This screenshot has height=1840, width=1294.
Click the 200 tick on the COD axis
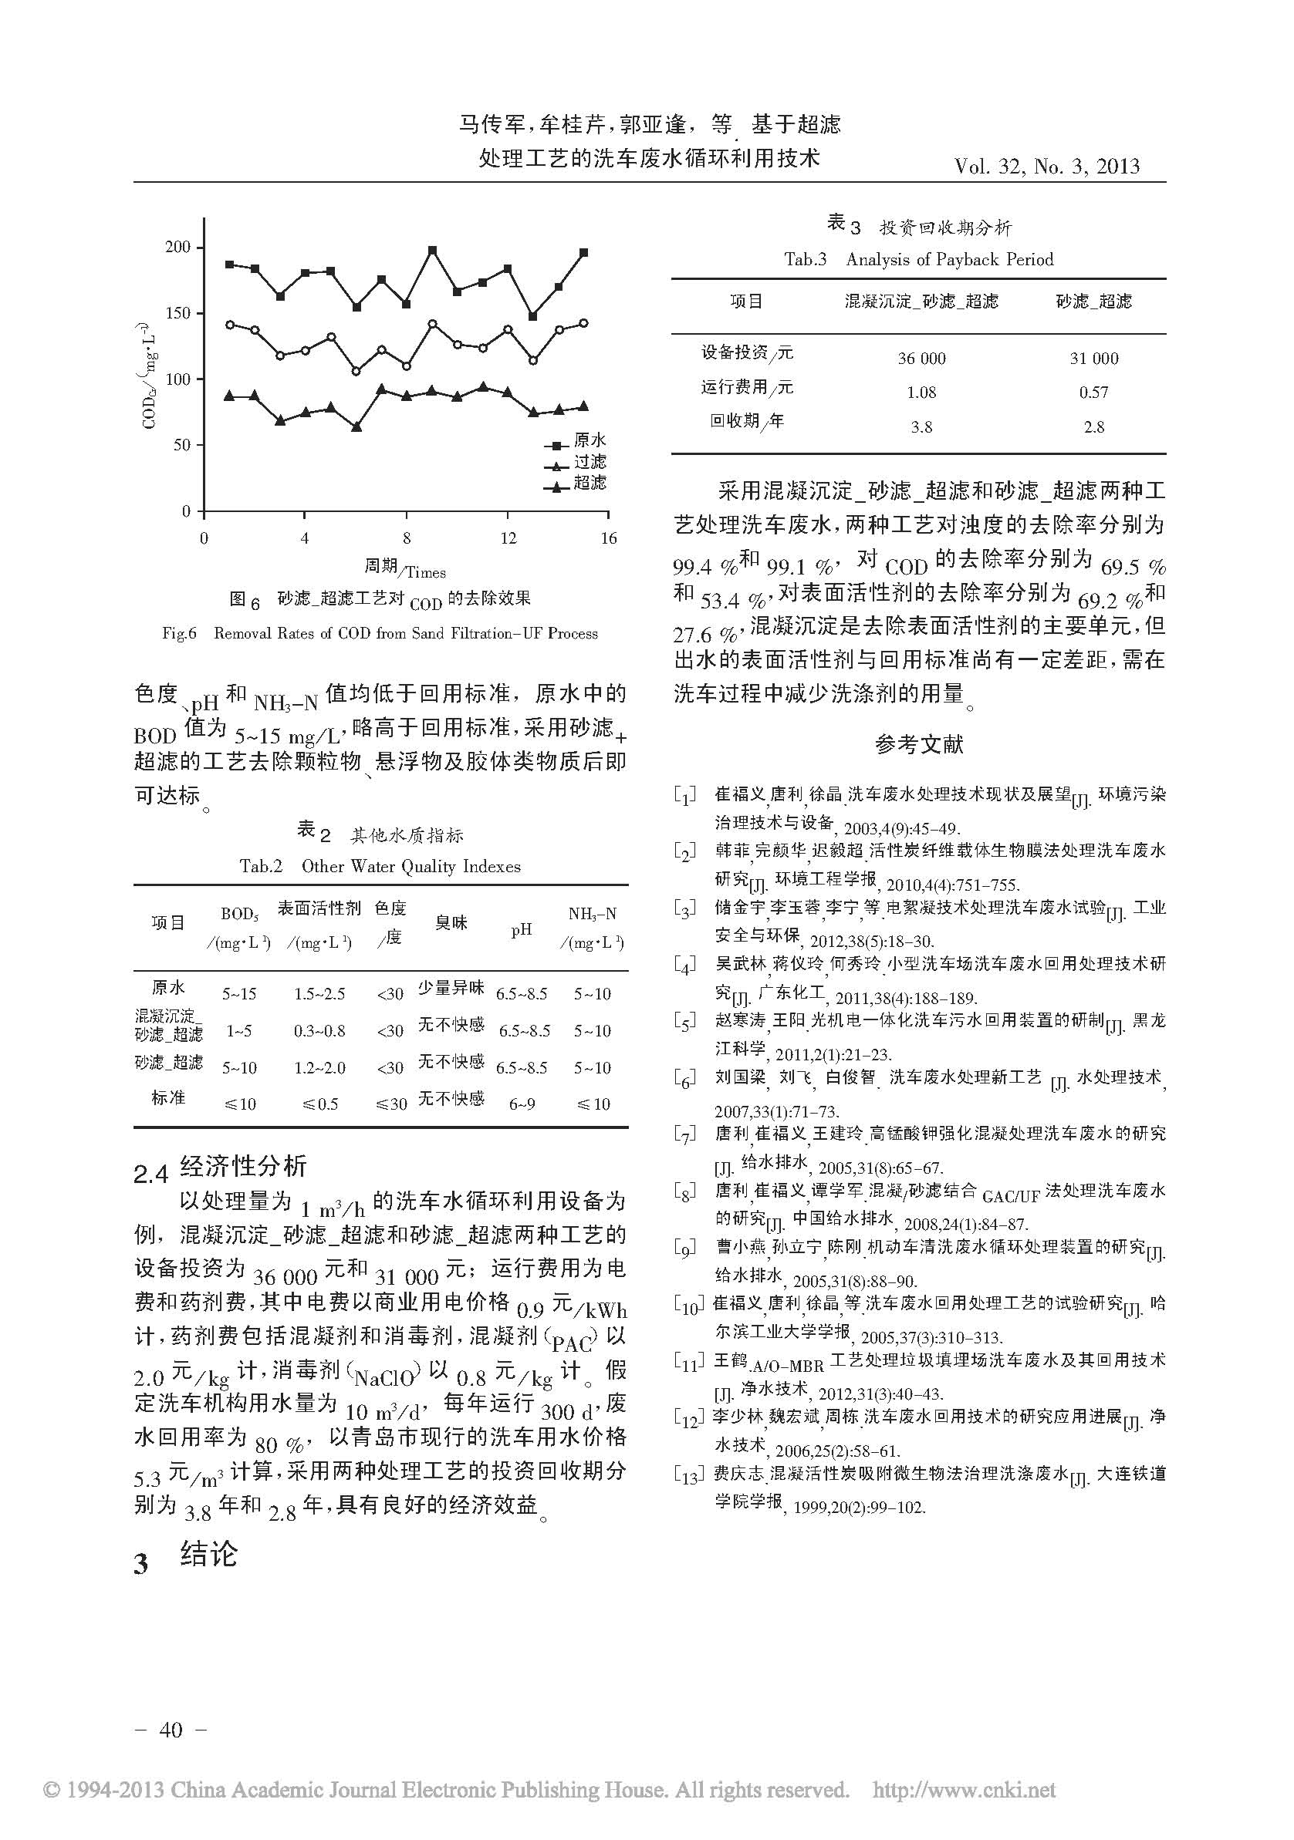pyautogui.click(x=178, y=248)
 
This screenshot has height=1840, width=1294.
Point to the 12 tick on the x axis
pyautogui.click(x=508, y=538)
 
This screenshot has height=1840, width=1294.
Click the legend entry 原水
pyautogui.click(x=590, y=441)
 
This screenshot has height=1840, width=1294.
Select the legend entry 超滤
pyautogui.click(x=590, y=483)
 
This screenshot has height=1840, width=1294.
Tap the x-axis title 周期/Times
pyautogui.click(x=405, y=569)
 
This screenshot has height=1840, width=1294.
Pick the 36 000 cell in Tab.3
pyautogui.click(x=921, y=359)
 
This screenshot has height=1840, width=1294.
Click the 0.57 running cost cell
pyautogui.click(x=1093, y=393)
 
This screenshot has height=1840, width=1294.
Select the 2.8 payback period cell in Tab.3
pyautogui.click(x=1093, y=427)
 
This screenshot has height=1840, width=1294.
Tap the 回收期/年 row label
pyautogui.click(x=746, y=422)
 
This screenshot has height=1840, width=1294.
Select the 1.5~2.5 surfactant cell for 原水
pyautogui.click(x=319, y=995)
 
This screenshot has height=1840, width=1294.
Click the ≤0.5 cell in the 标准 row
pyautogui.click(x=319, y=1104)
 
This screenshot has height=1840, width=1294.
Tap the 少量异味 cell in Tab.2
pyautogui.click(x=451, y=989)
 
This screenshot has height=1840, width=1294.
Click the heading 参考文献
pyautogui.click(x=919, y=744)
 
